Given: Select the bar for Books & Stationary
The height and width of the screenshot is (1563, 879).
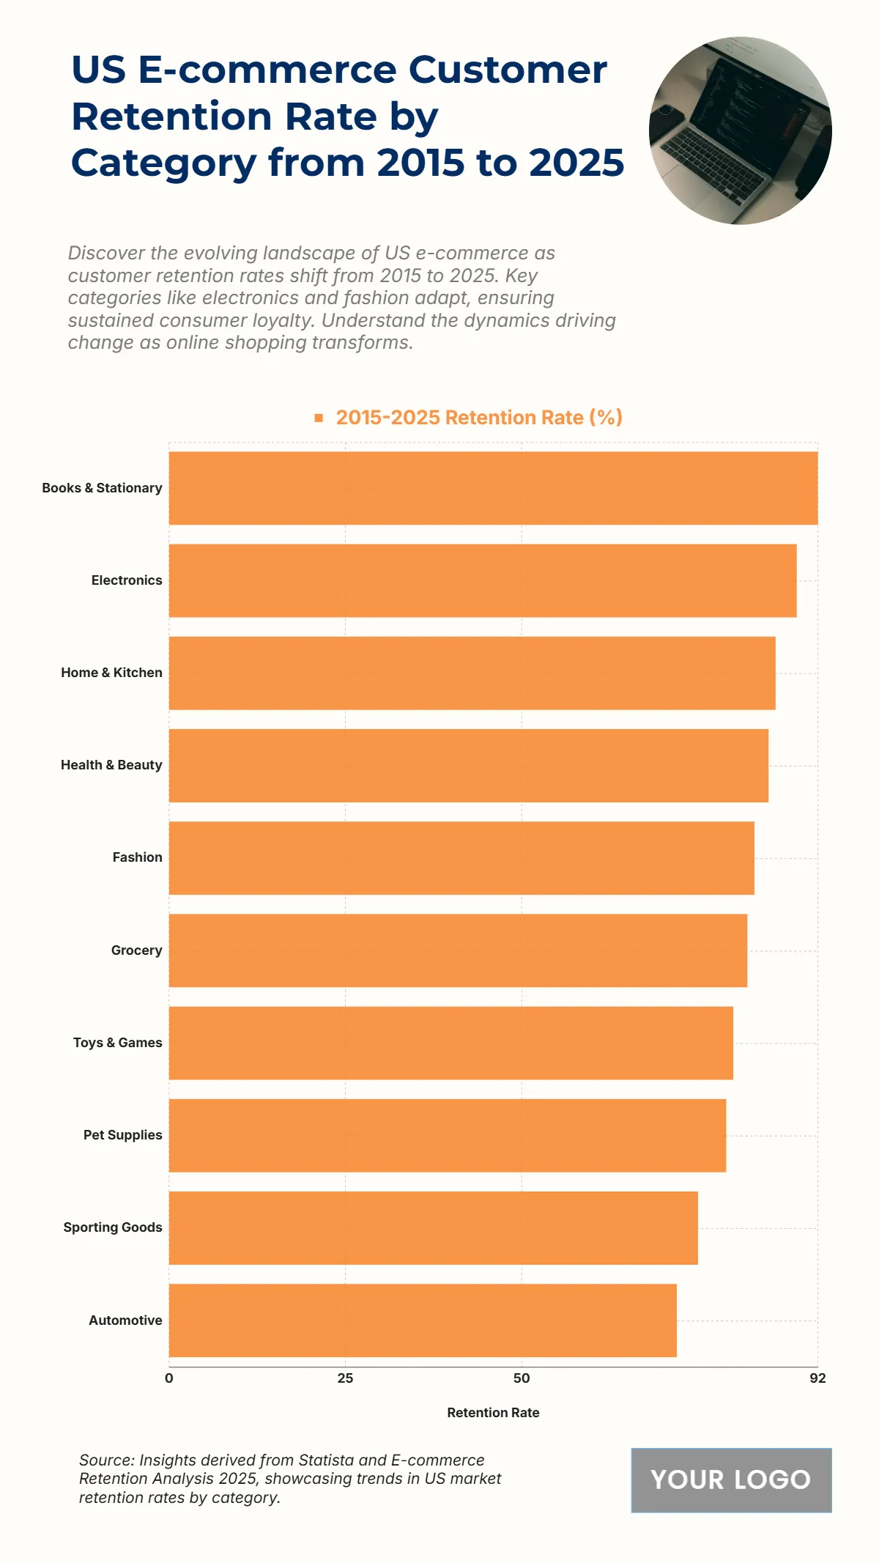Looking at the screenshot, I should pos(493,488).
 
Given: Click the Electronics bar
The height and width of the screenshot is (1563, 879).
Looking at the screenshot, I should pos(483,580).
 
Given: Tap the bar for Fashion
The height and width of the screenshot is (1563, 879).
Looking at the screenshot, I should pos(461,858).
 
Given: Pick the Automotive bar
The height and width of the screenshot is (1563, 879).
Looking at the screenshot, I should pos(423,1320).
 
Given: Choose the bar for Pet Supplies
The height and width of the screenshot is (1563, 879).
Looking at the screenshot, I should pos(448,1135).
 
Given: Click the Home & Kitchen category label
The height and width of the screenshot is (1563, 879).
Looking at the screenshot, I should pos(111,673).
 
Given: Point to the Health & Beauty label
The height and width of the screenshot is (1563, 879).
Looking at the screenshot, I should pos(111,765).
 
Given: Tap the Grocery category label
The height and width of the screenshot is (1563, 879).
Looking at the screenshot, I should pos(136,950).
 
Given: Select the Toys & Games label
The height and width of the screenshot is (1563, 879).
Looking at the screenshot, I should pos(117,1043).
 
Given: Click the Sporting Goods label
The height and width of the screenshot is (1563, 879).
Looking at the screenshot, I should pos(113,1227).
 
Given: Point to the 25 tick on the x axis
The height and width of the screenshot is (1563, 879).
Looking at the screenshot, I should pos(345,1378).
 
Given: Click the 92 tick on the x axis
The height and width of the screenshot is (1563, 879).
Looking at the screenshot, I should pos(817,1378).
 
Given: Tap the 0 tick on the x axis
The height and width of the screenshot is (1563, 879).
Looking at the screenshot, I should pos(169,1378).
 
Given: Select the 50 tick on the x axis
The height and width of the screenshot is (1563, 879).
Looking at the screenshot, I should pos(522,1378).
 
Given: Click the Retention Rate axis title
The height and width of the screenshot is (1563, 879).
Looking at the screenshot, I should pos(493,1413).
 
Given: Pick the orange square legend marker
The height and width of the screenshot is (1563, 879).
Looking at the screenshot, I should pos(319,418).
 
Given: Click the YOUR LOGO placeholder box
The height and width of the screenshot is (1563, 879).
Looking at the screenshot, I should pos(731,1480).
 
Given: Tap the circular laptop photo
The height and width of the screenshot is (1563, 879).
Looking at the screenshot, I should pos(740,130).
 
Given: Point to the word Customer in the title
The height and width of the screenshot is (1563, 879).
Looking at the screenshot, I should pos(507,70).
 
